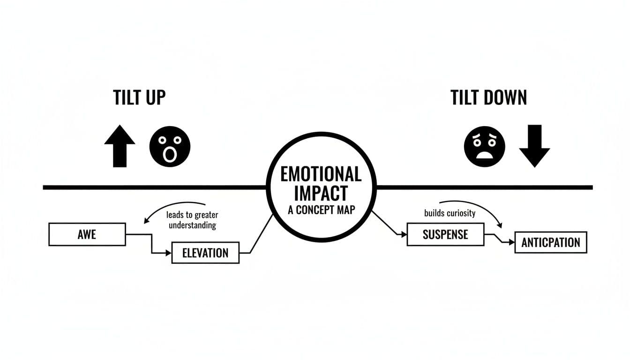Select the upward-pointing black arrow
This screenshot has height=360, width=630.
[120, 146]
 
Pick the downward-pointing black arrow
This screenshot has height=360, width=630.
[534, 146]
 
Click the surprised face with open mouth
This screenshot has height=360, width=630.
[170, 146]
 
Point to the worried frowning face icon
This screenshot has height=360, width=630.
[484, 146]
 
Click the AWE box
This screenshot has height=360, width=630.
[87, 234]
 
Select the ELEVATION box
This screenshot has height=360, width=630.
[205, 253]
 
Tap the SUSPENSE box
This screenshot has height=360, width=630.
[445, 234]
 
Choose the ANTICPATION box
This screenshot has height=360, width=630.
[551, 242]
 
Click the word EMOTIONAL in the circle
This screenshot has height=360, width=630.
[321, 174]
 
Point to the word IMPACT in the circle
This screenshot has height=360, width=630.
[321, 193]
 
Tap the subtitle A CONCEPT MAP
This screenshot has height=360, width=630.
[321, 210]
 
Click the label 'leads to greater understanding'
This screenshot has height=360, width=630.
[192, 220]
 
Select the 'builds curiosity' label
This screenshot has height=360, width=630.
[450, 213]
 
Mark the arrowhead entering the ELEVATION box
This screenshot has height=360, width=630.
[169, 253]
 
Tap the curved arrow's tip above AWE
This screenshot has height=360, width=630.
[145, 221]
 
